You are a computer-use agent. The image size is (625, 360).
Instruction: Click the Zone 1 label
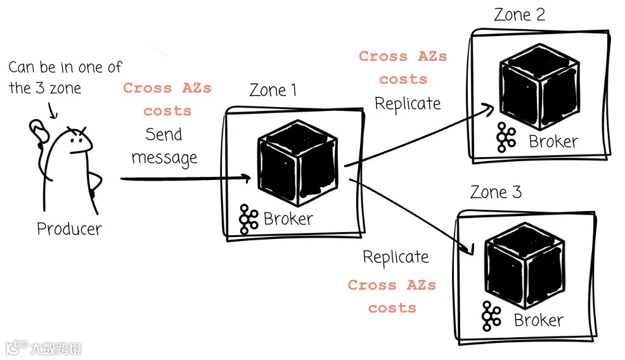tap(273, 90)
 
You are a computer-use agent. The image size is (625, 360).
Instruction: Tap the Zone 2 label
tap(519, 15)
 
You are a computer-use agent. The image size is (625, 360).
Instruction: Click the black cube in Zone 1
tap(297, 163)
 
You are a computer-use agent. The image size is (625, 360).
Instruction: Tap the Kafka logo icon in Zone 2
tap(506, 137)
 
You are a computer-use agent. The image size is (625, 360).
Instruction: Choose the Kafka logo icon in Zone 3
tap(491, 316)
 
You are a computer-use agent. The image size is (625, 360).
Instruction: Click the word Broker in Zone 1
tap(288, 219)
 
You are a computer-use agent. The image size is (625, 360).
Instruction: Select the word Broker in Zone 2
tap(553, 141)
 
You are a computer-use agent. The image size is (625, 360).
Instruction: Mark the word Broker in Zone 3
tap(538, 321)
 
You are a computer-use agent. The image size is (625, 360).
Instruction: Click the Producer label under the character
tap(69, 228)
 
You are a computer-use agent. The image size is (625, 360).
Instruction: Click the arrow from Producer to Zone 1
tap(184, 179)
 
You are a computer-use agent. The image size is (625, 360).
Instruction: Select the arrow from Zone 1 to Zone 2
tap(418, 136)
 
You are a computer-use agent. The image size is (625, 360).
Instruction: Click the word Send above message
tap(164, 134)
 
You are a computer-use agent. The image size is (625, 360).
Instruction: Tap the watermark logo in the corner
tap(43, 348)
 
